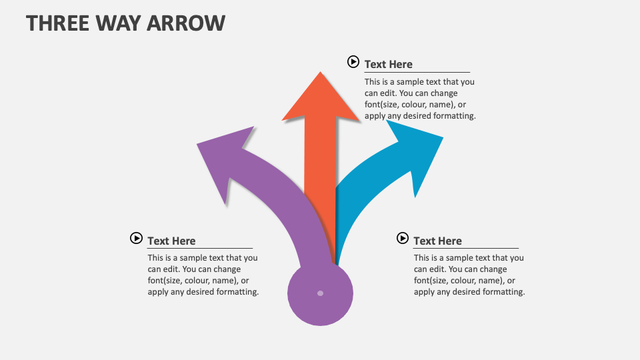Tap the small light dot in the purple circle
coord(320,293)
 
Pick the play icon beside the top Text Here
coord(353,62)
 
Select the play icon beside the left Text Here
coord(136,238)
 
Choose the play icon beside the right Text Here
coord(402,238)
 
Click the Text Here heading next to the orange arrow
coord(388,64)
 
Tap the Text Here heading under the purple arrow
coord(171,241)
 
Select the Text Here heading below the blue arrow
coord(437,241)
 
